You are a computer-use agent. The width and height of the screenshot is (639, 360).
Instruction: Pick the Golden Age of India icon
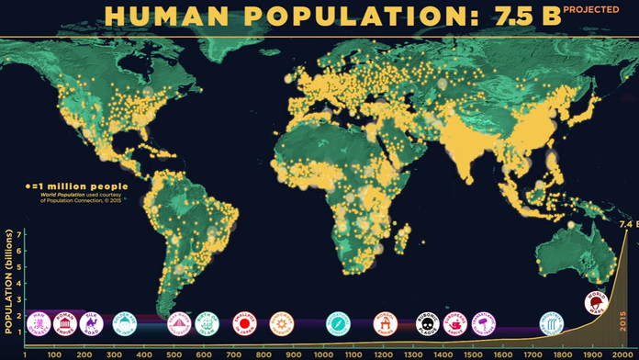point(124,322)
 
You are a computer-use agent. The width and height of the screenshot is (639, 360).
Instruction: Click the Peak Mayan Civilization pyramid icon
point(180,322)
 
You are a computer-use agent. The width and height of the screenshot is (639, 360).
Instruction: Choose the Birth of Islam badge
point(207,322)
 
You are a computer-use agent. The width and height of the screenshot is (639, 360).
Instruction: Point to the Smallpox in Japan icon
point(243,322)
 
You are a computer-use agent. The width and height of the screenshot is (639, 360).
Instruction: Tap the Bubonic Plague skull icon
point(428,322)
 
